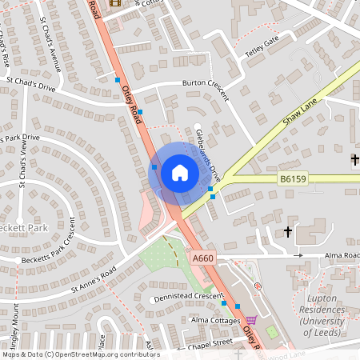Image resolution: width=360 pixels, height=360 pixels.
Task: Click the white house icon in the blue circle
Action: click(179, 173)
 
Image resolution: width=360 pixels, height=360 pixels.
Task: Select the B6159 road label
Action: click(294, 181)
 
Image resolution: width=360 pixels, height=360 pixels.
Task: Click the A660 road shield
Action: click(203, 258)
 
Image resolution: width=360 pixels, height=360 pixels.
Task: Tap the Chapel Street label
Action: click(210, 342)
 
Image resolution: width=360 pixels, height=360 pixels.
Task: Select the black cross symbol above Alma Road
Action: click(287, 232)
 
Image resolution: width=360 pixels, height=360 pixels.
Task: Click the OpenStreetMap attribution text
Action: click(80, 354)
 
